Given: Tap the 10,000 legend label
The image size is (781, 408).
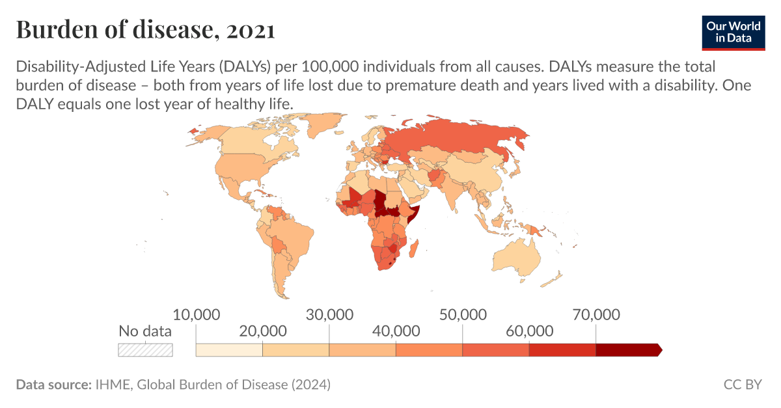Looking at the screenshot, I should click(196, 315).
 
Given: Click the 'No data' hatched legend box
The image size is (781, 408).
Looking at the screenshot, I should click(145, 349).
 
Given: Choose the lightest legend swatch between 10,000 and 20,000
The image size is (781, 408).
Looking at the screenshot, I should click(229, 350).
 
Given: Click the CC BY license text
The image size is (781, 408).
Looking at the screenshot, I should click(742, 385).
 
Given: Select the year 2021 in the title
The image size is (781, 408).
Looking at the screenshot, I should click(251, 30).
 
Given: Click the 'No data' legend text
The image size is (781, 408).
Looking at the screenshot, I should click(145, 331).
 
